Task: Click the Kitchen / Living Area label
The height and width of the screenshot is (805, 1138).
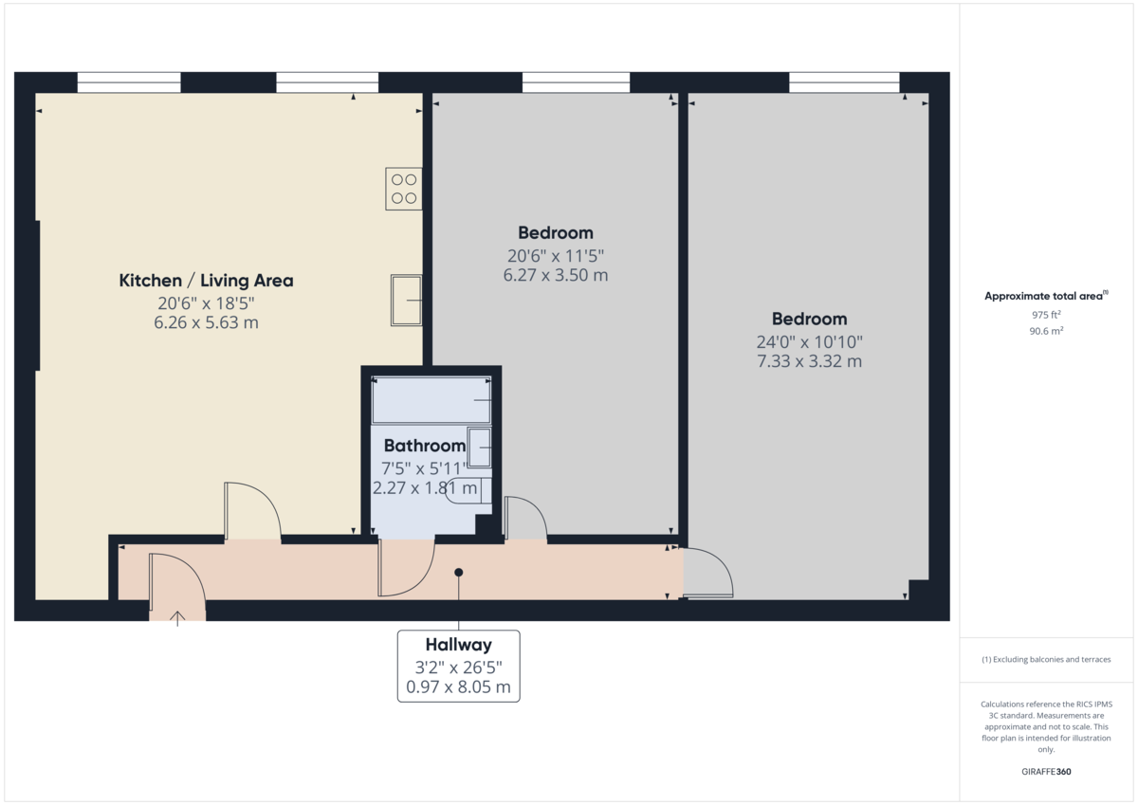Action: pos(206,281)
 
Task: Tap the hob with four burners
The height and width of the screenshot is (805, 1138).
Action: pos(403,189)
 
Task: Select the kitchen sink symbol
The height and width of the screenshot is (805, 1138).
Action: pos(407,301)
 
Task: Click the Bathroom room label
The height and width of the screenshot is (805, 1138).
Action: pos(424,446)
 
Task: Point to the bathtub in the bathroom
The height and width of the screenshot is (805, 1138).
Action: pos(431,399)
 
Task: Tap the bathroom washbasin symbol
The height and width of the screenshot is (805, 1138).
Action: pos(480,448)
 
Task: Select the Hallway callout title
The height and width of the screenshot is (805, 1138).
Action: pos(458,646)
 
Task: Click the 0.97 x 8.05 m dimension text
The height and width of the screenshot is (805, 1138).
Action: pos(458,686)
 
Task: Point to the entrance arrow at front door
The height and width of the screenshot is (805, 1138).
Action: pos(177,619)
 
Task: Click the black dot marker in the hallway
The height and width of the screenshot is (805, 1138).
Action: pos(459,573)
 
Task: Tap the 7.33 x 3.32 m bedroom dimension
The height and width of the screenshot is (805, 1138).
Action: pos(809,361)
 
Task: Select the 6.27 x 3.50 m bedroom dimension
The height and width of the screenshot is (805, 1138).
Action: pos(555,276)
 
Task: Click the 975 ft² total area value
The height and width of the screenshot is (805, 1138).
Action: pos(1046,315)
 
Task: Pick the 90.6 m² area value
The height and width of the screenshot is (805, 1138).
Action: pos(1046,332)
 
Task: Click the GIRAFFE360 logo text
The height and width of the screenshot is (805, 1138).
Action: pos(1045,772)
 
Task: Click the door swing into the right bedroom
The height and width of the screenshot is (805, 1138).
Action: pos(707,573)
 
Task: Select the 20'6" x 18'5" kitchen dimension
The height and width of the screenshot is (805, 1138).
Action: pos(206,303)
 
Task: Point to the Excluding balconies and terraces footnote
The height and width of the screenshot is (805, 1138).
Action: pos(1046,659)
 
